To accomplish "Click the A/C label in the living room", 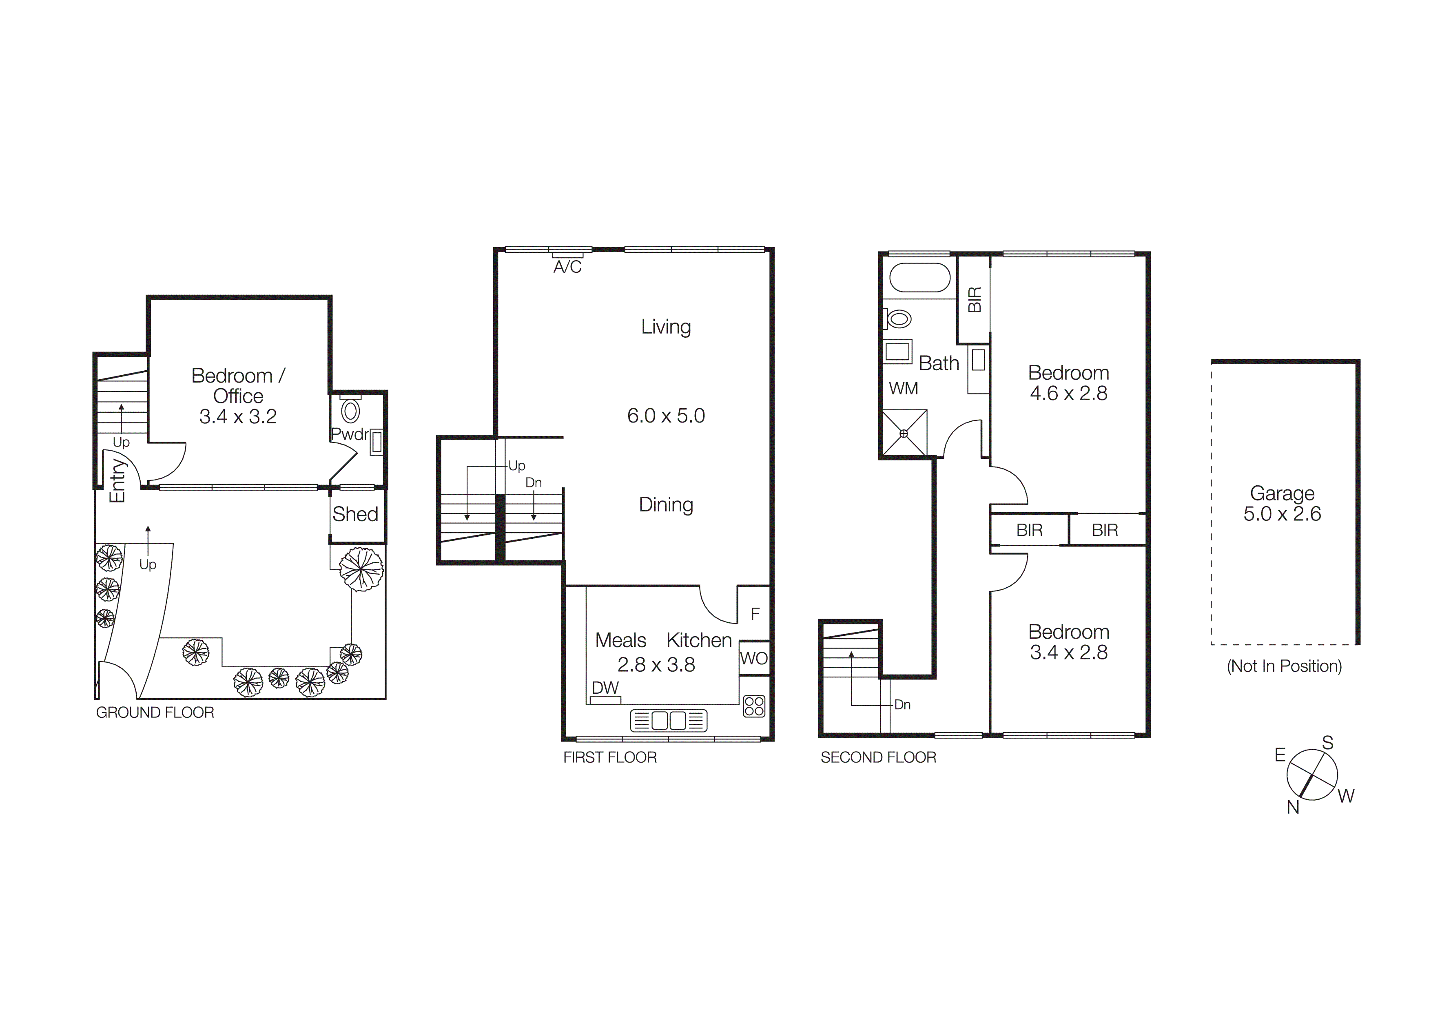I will tap(567, 267).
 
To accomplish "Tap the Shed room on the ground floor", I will tap(356, 515).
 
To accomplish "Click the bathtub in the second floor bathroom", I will tap(919, 278).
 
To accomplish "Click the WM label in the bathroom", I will tap(903, 389).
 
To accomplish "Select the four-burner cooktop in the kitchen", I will tap(754, 706).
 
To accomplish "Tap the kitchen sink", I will tap(669, 721).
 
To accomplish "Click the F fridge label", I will tap(755, 614).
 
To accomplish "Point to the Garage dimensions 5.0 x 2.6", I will tap(1282, 514).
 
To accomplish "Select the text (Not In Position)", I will tap(1284, 666).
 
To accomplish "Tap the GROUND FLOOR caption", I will tap(155, 712).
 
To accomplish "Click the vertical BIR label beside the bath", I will tap(974, 300).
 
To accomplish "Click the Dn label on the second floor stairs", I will tap(902, 705).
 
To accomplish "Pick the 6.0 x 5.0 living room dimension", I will tap(666, 416).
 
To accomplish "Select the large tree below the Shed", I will tap(361, 568).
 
